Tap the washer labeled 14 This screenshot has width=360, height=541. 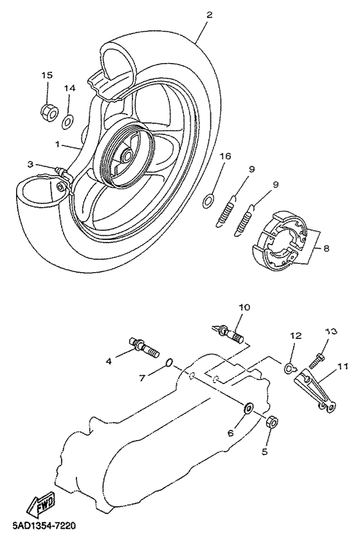67,122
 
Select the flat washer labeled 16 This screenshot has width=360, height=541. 208,201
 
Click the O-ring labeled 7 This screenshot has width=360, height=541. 169,363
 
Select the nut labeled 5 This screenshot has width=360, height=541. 272,421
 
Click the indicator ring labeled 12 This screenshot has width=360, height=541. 289,368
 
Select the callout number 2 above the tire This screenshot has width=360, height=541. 209,15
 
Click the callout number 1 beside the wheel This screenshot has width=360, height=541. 58,144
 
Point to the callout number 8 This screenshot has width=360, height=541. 326,248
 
